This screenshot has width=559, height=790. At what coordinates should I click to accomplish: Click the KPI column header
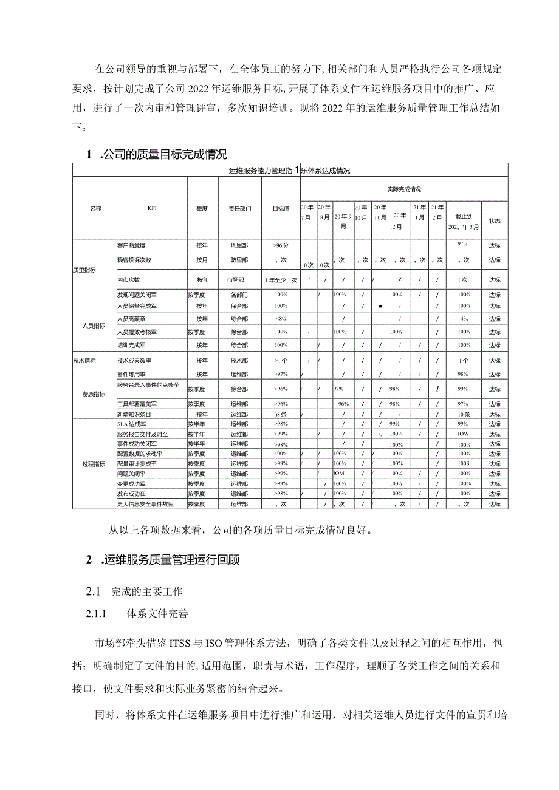(x=152, y=208)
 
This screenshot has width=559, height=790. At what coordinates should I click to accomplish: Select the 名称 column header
(x=95, y=208)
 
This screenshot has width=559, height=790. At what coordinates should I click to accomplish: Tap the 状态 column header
(x=495, y=221)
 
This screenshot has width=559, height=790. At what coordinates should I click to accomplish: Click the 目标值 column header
(x=281, y=208)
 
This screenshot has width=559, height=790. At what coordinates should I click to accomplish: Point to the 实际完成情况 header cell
(x=403, y=189)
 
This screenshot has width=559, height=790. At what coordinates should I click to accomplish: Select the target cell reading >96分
(x=281, y=245)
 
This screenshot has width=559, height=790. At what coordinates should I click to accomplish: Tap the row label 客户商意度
(x=132, y=245)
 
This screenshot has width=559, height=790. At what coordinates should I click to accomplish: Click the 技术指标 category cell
(x=84, y=360)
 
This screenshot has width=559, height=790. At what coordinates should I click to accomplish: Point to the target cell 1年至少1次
(x=281, y=280)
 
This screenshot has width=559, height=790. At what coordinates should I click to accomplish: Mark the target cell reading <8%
(x=281, y=318)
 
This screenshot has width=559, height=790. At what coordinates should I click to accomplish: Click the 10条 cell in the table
(x=464, y=414)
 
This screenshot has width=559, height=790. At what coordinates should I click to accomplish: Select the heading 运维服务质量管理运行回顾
(x=168, y=560)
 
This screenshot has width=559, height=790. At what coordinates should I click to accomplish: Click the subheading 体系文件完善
(x=157, y=613)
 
